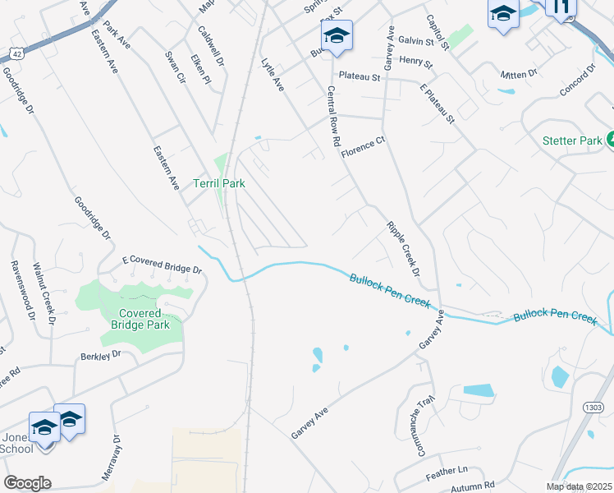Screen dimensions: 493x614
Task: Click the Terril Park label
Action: click(219, 183)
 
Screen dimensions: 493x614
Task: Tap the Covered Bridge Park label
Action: click(144, 319)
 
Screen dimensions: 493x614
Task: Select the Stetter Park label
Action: click(572, 141)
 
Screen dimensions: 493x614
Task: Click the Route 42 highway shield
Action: click(15, 53)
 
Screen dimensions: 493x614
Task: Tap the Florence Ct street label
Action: click(363, 145)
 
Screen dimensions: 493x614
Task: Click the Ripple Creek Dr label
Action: click(403, 248)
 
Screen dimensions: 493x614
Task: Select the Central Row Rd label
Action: click(333, 116)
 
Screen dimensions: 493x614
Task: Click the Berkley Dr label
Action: click(100, 355)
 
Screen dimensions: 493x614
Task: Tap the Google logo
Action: click(27, 483)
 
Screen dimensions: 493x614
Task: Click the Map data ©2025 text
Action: click(579, 486)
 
